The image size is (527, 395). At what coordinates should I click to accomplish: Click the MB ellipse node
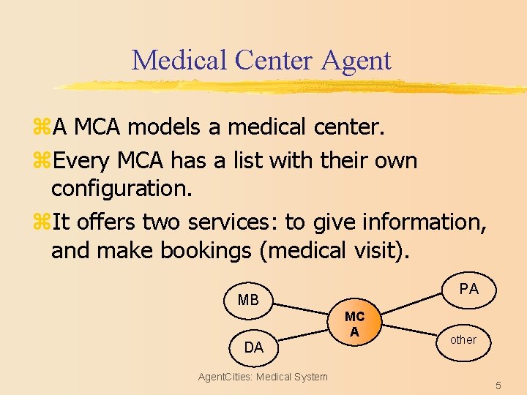click(x=249, y=300)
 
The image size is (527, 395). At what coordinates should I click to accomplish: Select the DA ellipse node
click(x=253, y=347)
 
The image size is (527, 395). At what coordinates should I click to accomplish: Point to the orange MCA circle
click(x=355, y=323)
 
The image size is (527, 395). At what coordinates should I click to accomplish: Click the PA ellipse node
click(x=468, y=289)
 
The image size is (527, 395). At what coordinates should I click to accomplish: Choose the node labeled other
click(x=463, y=340)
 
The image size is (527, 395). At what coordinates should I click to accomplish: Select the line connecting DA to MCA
click(x=302, y=337)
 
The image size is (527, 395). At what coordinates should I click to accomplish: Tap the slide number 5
click(x=498, y=385)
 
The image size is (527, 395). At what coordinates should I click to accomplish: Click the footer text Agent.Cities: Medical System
click(x=263, y=377)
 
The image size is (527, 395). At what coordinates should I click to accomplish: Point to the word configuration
click(x=122, y=189)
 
